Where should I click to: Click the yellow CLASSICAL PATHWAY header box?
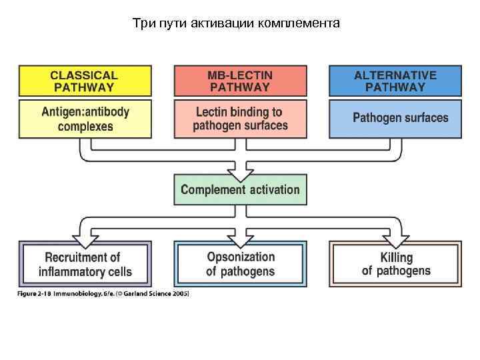coord(85,81)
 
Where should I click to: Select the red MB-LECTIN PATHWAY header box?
coord(240,81)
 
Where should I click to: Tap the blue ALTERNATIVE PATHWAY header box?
coord(395,81)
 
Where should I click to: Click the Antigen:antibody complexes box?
coord(85,119)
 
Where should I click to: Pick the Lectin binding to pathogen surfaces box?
coord(240,119)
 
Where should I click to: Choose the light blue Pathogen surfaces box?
coord(395,119)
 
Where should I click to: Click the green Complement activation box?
coord(240,189)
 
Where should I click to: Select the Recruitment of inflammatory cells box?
coord(85,264)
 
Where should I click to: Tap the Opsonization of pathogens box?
coord(240,264)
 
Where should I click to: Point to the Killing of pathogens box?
coord(395,264)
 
